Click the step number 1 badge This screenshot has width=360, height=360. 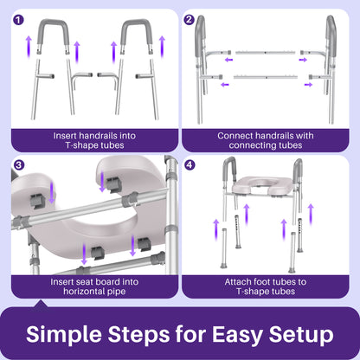(19, 19)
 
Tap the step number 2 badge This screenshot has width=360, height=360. (191, 19)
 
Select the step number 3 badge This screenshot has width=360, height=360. (19, 165)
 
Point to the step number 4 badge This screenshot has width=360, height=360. (191, 165)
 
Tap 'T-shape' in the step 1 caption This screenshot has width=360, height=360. (74, 145)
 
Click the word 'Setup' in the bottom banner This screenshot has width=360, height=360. (305, 334)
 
